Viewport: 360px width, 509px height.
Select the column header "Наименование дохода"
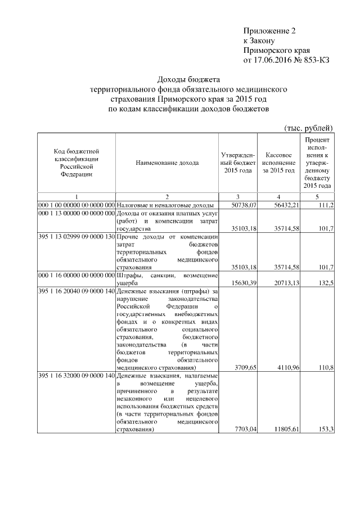click(x=167, y=163)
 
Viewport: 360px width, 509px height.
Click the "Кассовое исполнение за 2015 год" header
click(x=278, y=163)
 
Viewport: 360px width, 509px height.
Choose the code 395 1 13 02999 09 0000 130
click(x=76, y=237)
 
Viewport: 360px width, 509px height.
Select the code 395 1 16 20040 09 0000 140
click(x=76, y=292)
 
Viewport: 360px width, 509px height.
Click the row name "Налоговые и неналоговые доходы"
click(x=165, y=205)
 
